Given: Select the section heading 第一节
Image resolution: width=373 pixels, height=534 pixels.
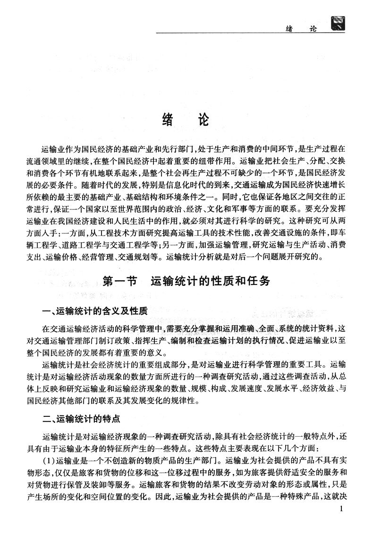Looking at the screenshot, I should click(119, 282).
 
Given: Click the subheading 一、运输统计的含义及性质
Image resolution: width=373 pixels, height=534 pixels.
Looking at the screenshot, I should click(95, 311).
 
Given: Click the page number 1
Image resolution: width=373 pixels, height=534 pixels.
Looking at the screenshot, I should click(341, 509).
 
